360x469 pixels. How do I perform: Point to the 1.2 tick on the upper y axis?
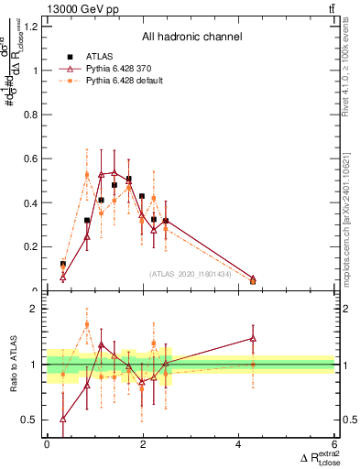click(34, 26)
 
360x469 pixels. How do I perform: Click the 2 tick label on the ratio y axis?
click(38, 310)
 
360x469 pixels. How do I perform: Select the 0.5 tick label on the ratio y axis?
click(34, 420)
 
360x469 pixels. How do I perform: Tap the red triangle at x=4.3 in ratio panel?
click(253, 339)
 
